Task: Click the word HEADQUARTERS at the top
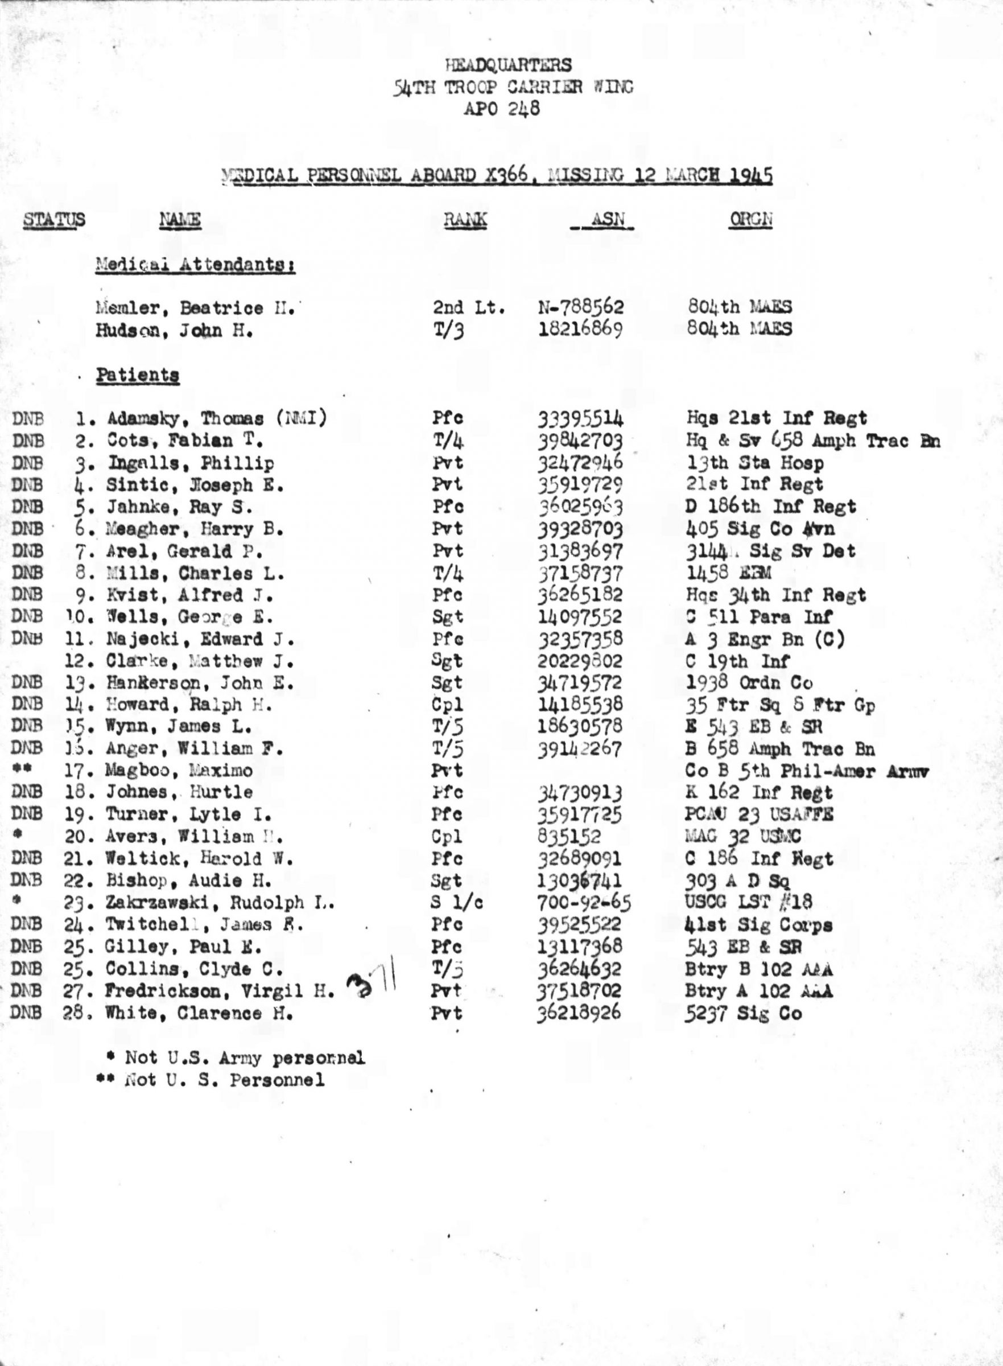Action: point(507,65)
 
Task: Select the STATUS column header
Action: point(54,219)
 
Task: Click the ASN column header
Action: point(606,219)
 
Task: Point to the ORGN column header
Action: point(751,219)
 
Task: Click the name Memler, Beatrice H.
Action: point(195,308)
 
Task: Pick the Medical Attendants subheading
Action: point(195,265)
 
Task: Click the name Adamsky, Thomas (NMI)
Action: point(217,418)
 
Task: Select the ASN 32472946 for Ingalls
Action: point(580,463)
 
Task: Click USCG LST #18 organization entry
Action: point(748,902)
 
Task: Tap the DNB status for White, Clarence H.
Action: point(26,1013)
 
